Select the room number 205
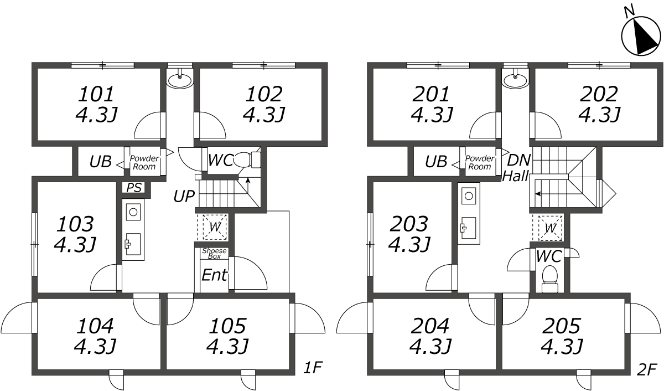point(562,325)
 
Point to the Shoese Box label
point(214,253)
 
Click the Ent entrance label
point(215,275)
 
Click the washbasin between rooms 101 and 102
point(180,80)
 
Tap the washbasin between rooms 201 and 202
point(516,80)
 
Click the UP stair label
point(183,196)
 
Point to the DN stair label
point(519,161)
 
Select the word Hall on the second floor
point(516,176)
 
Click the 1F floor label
point(313,367)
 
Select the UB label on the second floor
point(436,162)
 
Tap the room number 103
point(75,224)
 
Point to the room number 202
point(599,94)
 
